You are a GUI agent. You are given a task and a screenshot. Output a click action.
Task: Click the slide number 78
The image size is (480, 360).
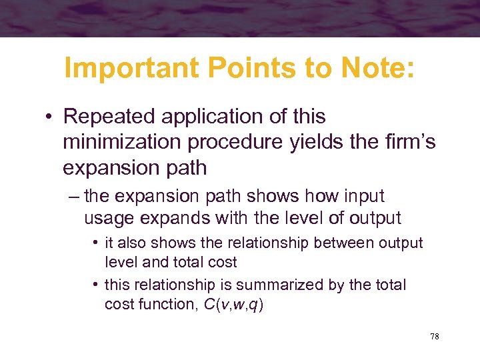435,337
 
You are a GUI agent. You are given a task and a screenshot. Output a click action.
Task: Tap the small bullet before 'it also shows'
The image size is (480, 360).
96,243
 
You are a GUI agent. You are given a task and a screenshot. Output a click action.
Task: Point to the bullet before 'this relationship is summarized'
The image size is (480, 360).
96,285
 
